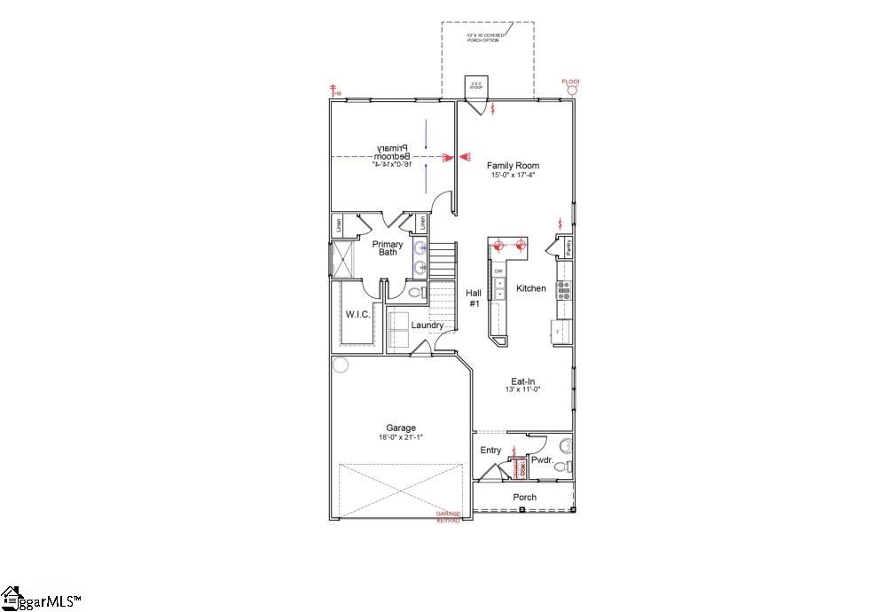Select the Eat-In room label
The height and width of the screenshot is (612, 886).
pos(522,381)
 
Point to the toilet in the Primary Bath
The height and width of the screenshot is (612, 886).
pos(415,292)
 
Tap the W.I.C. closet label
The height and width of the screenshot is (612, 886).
pos(357,314)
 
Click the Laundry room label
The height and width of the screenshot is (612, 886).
pos(427,326)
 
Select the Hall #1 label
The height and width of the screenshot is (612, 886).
pos(474,298)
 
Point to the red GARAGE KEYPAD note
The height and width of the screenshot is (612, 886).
pos(448,517)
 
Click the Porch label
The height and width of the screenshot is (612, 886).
pos(524,498)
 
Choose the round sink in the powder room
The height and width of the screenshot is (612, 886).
pos(566,444)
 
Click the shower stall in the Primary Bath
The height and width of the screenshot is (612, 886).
pos(342,258)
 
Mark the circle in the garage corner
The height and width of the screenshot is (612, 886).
pos(341,365)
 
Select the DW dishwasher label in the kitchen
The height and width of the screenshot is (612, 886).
pos(498,271)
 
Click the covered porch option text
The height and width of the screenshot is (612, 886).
pos(486,37)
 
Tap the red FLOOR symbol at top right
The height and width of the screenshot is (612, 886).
pos(572,86)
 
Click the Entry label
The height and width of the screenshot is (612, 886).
pos(490,451)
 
